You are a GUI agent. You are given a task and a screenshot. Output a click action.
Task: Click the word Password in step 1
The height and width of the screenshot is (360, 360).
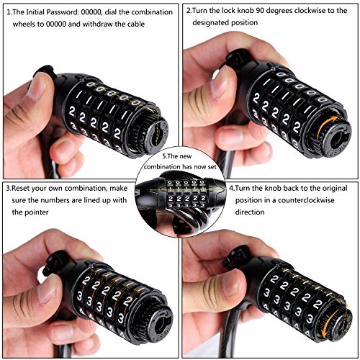click(62, 12)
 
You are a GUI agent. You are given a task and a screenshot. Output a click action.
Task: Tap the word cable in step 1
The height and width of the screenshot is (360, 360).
click(135, 24)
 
